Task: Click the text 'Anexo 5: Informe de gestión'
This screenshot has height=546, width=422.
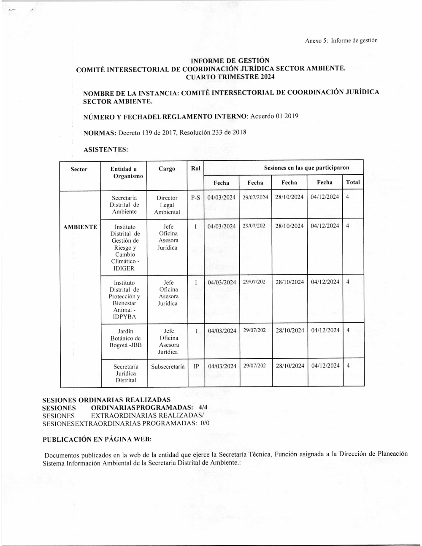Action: pos(341,41)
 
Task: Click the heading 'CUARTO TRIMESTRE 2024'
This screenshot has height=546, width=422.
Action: pos(230,77)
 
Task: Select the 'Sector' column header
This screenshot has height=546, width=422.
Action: pos(79,169)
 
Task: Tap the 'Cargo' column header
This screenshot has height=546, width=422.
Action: pos(167,169)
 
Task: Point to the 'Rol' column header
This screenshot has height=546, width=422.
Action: pos(195,168)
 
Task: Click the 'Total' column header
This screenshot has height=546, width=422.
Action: pos(353,182)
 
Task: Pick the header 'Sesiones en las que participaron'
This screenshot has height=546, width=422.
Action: pos(306,168)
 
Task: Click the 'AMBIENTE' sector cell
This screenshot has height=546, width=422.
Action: pos(80,227)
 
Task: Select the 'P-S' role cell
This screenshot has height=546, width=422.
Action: pos(195,197)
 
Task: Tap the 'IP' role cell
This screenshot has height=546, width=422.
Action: pos(196,366)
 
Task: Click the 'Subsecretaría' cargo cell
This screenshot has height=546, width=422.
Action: pos(168,367)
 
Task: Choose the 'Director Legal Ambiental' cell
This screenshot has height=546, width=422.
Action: pos(167,205)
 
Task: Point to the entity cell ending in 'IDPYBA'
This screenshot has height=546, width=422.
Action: pos(124,300)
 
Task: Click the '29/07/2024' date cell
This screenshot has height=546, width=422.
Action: pos(255,197)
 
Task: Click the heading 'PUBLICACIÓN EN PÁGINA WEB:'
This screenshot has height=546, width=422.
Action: pos(97,439)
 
